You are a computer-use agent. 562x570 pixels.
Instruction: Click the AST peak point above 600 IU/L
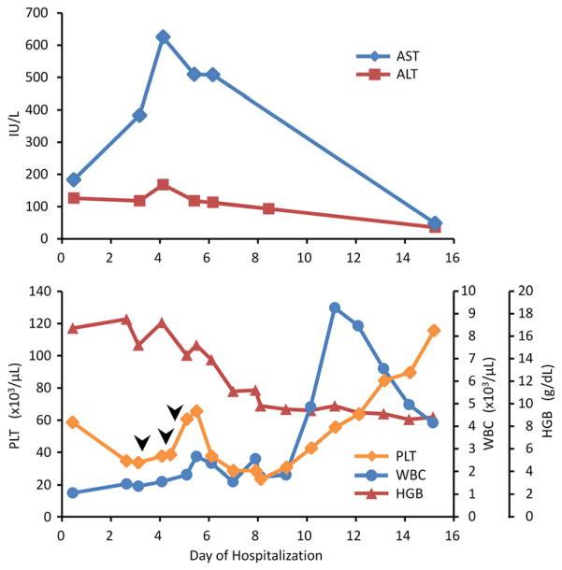pyautogui.click(x=163, y=36)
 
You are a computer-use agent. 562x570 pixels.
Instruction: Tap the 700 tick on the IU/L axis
pyautogui.click(x=40, y=12)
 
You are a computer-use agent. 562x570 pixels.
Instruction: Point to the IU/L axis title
pyautogui.click(x=12, y=125)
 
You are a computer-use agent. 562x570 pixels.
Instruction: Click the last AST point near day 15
pyautogui.click(x=434, y=223)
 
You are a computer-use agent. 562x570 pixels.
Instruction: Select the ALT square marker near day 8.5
pyautogui.click(x=268, y=208)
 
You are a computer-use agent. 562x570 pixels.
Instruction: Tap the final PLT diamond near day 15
pyautogui.click(x=434, y=330)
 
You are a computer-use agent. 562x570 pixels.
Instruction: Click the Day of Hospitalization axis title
pyautogui.click(x=255, y=556)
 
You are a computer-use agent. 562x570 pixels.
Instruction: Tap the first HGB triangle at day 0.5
pyautogui.click(x=73, y=328)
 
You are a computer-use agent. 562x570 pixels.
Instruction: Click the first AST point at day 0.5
pyautogui.click(x=73, y=179)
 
